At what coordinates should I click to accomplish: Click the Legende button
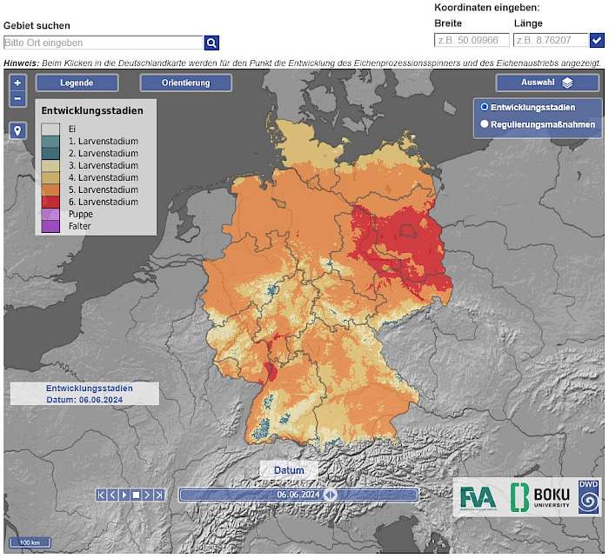pyautogui.click(x=77, y=83)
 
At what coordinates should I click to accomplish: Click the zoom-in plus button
pyautogui.click(x=18, y=83)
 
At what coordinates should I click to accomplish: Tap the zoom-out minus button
pyautogui.click(x=18, y=98)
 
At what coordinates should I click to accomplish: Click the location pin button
pyautogui.click(x=18, y=130)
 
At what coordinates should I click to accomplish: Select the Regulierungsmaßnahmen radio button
pyautogui.click(x=485, y=124)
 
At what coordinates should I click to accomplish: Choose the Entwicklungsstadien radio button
pyautogui.click(x=485, y=107)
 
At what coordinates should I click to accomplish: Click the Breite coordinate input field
pyautogui.click(x=471, y=40)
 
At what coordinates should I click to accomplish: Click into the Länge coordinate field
pyautogui.click(x=551, y=40)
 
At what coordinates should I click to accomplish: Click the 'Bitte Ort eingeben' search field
pyautogui.click(x=103, y=43)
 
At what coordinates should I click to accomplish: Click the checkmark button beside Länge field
pyautogui.click(x=597, y=40)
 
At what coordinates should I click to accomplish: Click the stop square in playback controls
pyautogui.click(x=136, y=495)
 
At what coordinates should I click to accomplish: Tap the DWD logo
pyautogui.click(x=589, y=496)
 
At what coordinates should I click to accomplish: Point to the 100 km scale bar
pyautogui.click(x=30, y=542)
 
